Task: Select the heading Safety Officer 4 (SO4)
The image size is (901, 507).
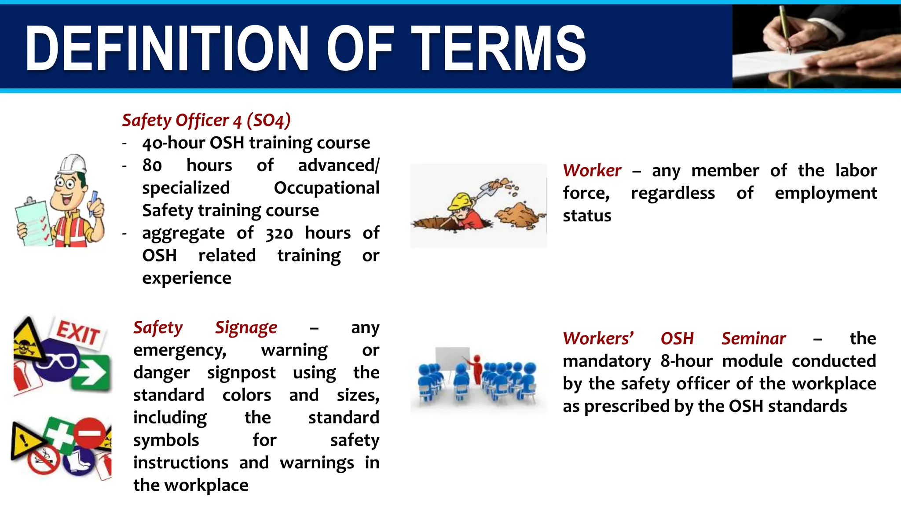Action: [206, 120]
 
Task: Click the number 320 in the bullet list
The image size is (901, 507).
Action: [279, 233]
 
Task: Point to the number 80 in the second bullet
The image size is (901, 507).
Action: [152, 165]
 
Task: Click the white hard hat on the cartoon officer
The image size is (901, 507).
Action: [73, 164]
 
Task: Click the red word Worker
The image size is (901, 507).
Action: [592, 170]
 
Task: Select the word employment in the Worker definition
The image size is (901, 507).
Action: [825, 193]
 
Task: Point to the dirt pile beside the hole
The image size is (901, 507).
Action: [519, 214]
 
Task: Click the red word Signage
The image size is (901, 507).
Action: [246, 327]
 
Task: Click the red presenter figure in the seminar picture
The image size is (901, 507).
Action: [477, 368]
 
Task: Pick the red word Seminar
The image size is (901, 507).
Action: [753, 338]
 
